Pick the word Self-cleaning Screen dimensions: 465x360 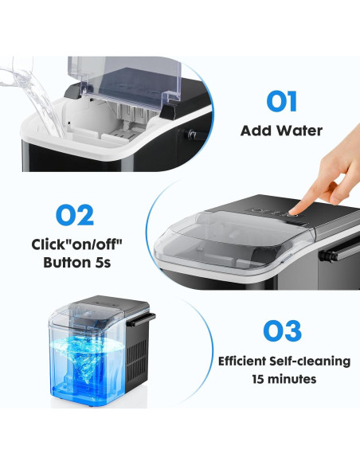[x=311, y=361]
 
